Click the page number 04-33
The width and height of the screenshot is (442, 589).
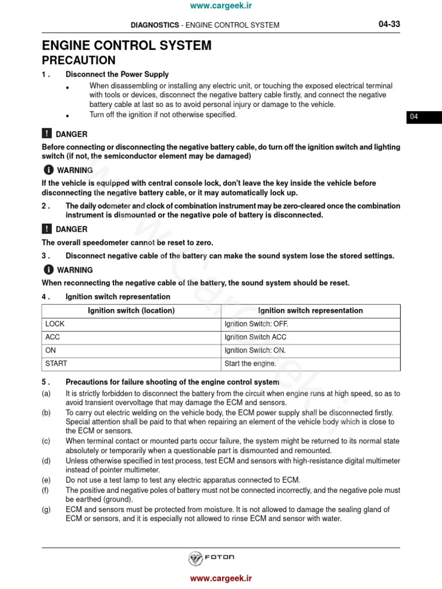pyautogui.click(x=389, y=24)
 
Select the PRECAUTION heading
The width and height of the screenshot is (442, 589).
pyautogui.click(x=78, y=60)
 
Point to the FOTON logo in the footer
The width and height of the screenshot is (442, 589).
pyautogui.click(x=212, y=557)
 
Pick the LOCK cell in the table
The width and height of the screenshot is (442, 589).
pyautogui.click(x=55, y=324)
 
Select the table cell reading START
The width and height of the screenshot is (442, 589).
pyautogui.click(x=56, y=364)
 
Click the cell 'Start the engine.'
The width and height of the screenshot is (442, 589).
pyautogui.click(x=250, y=364)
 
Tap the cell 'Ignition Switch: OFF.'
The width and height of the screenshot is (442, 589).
pyautogui.click(x=256, y=324)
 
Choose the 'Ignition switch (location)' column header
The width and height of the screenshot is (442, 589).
pyautogui.click(x=131, y=311)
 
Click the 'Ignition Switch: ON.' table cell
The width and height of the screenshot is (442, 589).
pyautogui.click(x=255, y=350)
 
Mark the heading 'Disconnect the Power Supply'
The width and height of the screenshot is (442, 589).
pyautogui.click(x=117, y=74)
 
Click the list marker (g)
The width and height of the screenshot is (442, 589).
pyautogui.click(x=46, y=510)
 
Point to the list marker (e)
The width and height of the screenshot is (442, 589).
pyautogui.click(x=46, y=480)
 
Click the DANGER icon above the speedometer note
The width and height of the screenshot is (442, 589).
pyautogui.click(x=47, y=229)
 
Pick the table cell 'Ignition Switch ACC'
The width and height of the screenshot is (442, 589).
pyautogui.click(x=256, y=337)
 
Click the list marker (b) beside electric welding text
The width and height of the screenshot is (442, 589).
pyautogui.click(x=46, y=413)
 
